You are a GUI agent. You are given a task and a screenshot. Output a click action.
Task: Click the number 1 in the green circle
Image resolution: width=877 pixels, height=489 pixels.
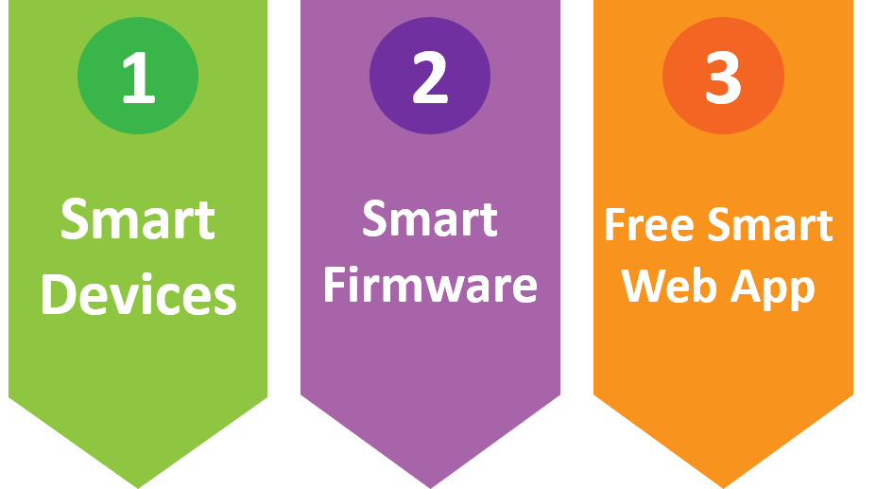point(138,79)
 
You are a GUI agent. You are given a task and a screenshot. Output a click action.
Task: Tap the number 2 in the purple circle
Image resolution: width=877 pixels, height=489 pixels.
point(430,79)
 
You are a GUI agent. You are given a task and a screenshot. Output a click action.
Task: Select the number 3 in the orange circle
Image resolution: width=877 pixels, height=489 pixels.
point(723,79)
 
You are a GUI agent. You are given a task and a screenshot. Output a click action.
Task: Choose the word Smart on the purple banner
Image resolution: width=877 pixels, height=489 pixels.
point(430,219)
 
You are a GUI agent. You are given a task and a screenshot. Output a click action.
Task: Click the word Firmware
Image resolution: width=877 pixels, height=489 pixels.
point(430,285)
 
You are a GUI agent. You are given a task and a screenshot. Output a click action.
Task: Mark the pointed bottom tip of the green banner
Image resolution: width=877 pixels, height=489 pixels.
point(139,485)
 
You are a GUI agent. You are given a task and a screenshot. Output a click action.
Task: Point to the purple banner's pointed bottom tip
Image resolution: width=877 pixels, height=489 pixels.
point(431,485)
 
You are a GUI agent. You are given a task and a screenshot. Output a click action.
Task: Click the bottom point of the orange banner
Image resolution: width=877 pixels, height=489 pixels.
point(724,485)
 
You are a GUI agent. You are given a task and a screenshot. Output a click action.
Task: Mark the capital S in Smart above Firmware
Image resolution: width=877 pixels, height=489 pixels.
point(375,219)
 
